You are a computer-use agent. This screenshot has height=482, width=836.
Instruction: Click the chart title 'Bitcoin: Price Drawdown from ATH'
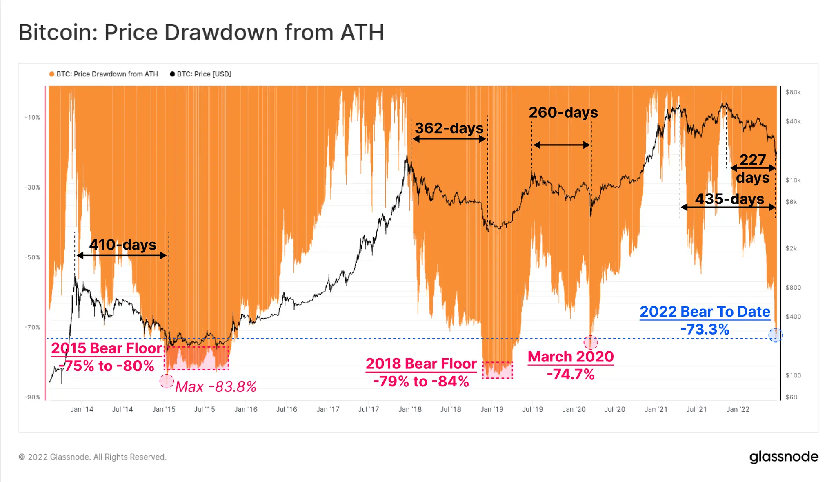(x=201, y=33)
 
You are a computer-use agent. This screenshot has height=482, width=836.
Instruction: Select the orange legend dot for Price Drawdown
(x=52, y=74)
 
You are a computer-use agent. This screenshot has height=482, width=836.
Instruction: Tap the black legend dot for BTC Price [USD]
(x=172, y=74)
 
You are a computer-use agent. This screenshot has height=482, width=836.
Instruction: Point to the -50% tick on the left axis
(x=32, y=257)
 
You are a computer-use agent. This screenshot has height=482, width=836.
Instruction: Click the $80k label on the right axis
(x=793, y=92)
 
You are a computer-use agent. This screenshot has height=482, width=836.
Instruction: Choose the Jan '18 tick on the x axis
(x=410, y=409)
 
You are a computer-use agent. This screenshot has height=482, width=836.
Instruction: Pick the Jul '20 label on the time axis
(x=614, y=409)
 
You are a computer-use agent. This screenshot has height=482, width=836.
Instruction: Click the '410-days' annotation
(x=123, y=245)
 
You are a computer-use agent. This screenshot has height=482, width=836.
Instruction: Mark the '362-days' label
(x=449, y=128)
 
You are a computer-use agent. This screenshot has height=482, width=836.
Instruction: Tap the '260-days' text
(x=563, y=112)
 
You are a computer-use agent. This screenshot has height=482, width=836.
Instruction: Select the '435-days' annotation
(x=729, y=199)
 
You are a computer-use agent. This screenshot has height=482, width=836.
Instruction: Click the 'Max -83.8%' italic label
(x=216, y=386)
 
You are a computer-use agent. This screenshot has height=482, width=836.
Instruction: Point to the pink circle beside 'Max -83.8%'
(x=167, y=381)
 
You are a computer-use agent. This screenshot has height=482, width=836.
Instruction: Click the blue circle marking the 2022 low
(x=775, y=335)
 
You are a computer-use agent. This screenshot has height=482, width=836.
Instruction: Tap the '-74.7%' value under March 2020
(x=571, y=374)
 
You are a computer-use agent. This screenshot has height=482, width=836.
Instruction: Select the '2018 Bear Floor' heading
(x=421, y=364)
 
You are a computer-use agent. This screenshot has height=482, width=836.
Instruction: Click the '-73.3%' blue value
(x=705, y=329)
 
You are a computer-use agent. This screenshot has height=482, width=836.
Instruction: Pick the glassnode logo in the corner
(x=784, y=457)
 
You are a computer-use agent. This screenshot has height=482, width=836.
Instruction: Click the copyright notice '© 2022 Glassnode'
(x=93, y=457)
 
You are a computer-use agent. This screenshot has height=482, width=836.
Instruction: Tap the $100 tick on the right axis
(x=793, y=375)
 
